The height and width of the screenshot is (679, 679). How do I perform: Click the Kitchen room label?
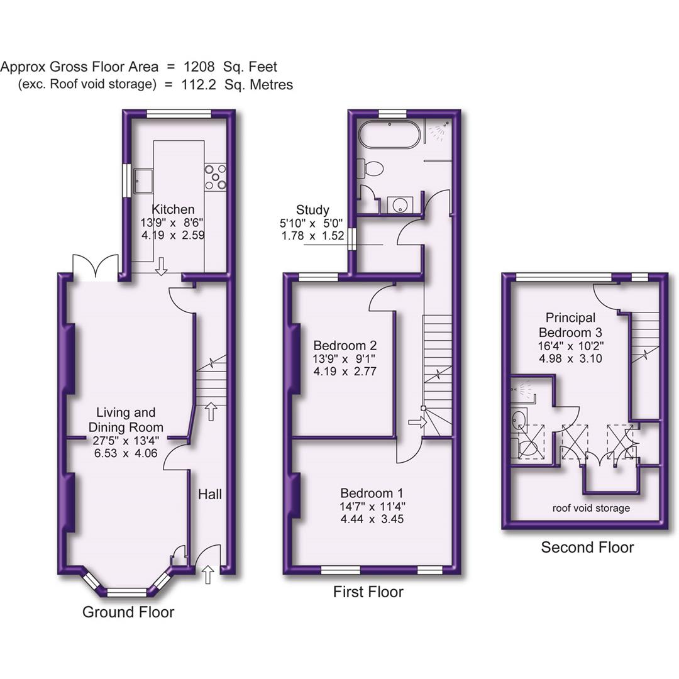[173, 209]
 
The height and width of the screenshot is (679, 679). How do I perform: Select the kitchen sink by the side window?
[143, 180]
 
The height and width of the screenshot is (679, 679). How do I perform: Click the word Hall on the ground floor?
[209, 495]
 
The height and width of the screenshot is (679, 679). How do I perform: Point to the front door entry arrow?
[208, 573]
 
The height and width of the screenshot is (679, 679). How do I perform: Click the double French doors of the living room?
[96, 267]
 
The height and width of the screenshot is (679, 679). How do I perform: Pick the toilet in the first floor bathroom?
[371, 168]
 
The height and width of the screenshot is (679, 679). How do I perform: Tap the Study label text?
[313, 210]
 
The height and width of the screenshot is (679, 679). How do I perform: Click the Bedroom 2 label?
[345, 346]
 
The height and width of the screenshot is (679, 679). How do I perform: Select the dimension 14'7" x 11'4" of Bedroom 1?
[372, 506]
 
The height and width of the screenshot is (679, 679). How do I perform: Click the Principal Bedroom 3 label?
[570, 325]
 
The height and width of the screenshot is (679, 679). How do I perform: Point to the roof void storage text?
[591, 508]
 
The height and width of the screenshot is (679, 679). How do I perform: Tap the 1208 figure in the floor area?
[199, 67]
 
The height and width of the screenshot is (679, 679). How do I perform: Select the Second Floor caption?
[587, 548]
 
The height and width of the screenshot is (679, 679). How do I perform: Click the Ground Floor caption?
[128, 612]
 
